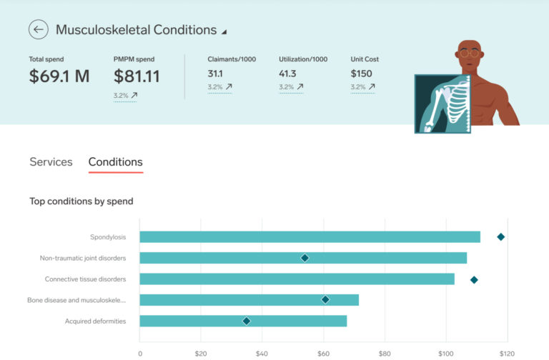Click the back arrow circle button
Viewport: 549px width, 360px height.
[39, 30]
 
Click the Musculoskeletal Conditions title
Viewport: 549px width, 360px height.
[136, 30]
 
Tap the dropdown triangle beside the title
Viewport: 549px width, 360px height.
[224, 32]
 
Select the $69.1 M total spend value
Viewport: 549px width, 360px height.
[59, 76]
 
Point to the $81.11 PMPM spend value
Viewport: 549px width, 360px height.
[137, 76]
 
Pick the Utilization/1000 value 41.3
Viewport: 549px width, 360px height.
[288, 74]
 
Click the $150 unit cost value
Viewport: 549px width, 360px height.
[362, 74]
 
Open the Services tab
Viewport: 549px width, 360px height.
[51, 162]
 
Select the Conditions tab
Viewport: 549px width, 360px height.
[115, 162]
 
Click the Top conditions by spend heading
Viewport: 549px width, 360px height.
[81, 201]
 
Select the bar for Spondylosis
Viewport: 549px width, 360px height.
[310, 237]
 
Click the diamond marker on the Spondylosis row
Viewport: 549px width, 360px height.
[501, 237]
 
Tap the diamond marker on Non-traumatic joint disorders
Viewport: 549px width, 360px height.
[305, 258]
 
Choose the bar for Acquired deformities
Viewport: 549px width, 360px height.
[243, 321]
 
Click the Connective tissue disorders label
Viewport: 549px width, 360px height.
[85, 279]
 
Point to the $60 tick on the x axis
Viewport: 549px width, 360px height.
[323, 353]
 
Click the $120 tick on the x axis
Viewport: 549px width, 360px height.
[506, 353]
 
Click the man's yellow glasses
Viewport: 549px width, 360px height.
[469, 53]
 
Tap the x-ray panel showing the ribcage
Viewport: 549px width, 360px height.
[442, 104]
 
